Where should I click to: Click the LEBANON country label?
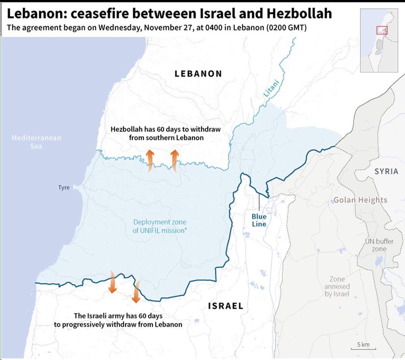point(198,74)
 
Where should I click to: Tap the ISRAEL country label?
point(225,306)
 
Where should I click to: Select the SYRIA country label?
point(386,171)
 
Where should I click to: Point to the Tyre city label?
point(64,187)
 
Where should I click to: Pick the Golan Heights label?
point(360,200)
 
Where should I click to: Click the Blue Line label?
point(259,220)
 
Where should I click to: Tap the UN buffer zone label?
point(379,245)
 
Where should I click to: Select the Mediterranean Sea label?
point(36,142)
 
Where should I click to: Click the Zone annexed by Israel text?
point(337,286)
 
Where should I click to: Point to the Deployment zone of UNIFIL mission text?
point(160,226)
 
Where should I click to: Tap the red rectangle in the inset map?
point(382,30)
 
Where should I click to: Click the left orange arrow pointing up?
point(150,161)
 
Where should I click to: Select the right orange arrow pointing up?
point(174,161)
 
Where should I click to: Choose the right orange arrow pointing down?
point(136,291)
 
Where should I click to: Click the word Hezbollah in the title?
point(299,14)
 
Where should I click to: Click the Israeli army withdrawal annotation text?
point(118,320)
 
